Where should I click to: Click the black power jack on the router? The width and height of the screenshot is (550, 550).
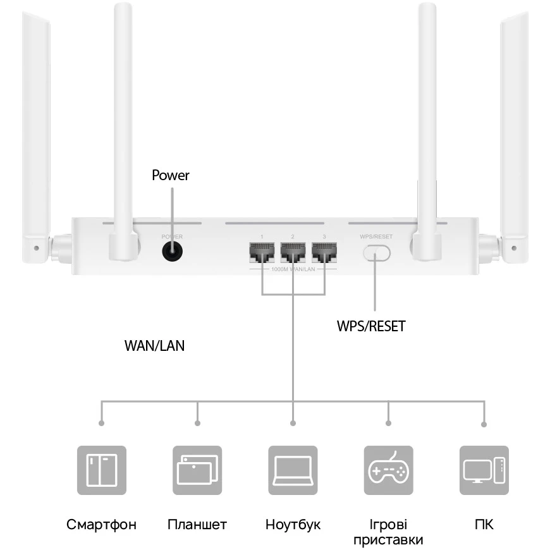pyautogui.click(x=172, y=253)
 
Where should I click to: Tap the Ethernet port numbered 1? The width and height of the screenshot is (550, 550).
pyautogui.click(x=262, y=254)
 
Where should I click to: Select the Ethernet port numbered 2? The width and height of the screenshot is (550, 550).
pyautogui.click(x=293, y=254)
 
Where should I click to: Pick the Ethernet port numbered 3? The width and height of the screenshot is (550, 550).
pyautogui.click(x=324, y=254)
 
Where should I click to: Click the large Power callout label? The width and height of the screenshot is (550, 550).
pyautogui.click(x=171, y=175)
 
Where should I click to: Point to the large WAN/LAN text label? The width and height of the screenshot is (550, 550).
pyautogui.click(x=155, y=346)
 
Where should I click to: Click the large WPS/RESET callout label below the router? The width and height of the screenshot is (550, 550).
pyautogui.click(x=371, y=327)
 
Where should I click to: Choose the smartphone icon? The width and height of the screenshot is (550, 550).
pyautogui.click(x=102, y=470)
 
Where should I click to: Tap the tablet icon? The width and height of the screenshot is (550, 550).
pyautogui.click(x=197, y=470)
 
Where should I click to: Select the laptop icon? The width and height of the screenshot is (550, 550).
pyautogui.click(x=293, y=470)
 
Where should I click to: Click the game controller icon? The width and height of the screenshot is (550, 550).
pyautogui.click(x=388, y=470)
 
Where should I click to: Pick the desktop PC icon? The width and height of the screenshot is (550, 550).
pyautogui.click(x=484, y=470)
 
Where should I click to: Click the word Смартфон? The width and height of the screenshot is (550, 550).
pyautogui.click(x=102, y=525)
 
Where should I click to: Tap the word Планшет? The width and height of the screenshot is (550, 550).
pyautogui.click(x=197, y=525)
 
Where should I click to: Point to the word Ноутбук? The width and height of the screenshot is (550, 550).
pyautogui.click(x=293, y=525)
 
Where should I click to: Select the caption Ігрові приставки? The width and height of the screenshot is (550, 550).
pyautogui.click(x=388, y=532)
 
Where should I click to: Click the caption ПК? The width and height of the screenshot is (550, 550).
pyautogui.click(x=484, y=525)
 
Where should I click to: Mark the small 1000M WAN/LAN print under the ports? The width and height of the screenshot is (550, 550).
pyautogui.click(x=293, y=269)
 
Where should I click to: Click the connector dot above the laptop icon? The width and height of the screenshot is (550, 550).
pyautogui.click(x=293, y=423)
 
